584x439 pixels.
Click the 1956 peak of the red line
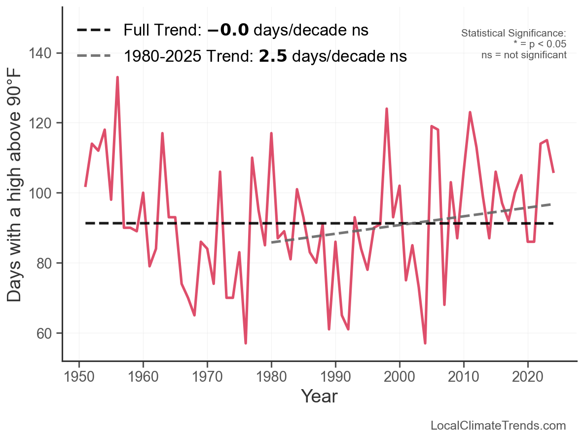(x=117, y=78)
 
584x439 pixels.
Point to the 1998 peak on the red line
(x=387, y=109)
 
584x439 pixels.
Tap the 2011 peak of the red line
(x=470, y=113)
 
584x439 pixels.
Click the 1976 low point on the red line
(x=246, y=343)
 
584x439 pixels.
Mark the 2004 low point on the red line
(x=425, y=343)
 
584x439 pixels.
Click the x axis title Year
(x=319, y=397)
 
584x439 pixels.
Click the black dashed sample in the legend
(x=94, y=31)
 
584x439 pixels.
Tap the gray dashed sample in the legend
(x=94, y=56)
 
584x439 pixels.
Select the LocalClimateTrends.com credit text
(x=498, y=426)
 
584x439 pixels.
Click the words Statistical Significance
(x=513, y=34)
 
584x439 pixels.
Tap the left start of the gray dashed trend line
(x=271, y=243)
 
